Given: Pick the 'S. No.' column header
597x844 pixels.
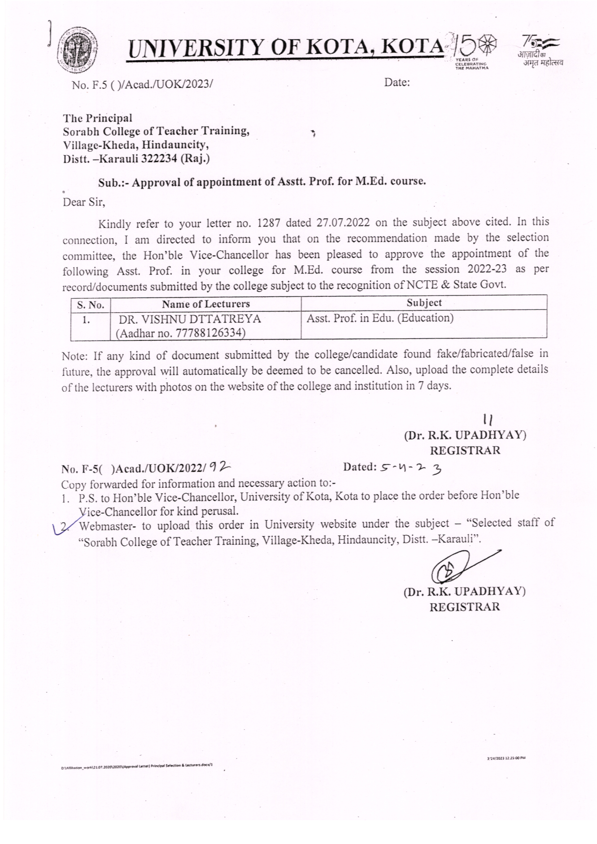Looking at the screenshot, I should tap(91, 305).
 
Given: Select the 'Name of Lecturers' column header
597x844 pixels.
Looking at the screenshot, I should tap(205, 304).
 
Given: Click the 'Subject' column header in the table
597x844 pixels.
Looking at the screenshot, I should tap(423, 303).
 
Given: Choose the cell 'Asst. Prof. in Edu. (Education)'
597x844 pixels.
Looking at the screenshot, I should tap(380, 318).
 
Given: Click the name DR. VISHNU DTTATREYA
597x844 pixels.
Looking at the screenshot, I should tap(190, 319).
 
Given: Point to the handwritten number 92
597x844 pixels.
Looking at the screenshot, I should tap(220, 467).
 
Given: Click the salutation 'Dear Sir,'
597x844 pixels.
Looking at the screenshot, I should tap(84, 202).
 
